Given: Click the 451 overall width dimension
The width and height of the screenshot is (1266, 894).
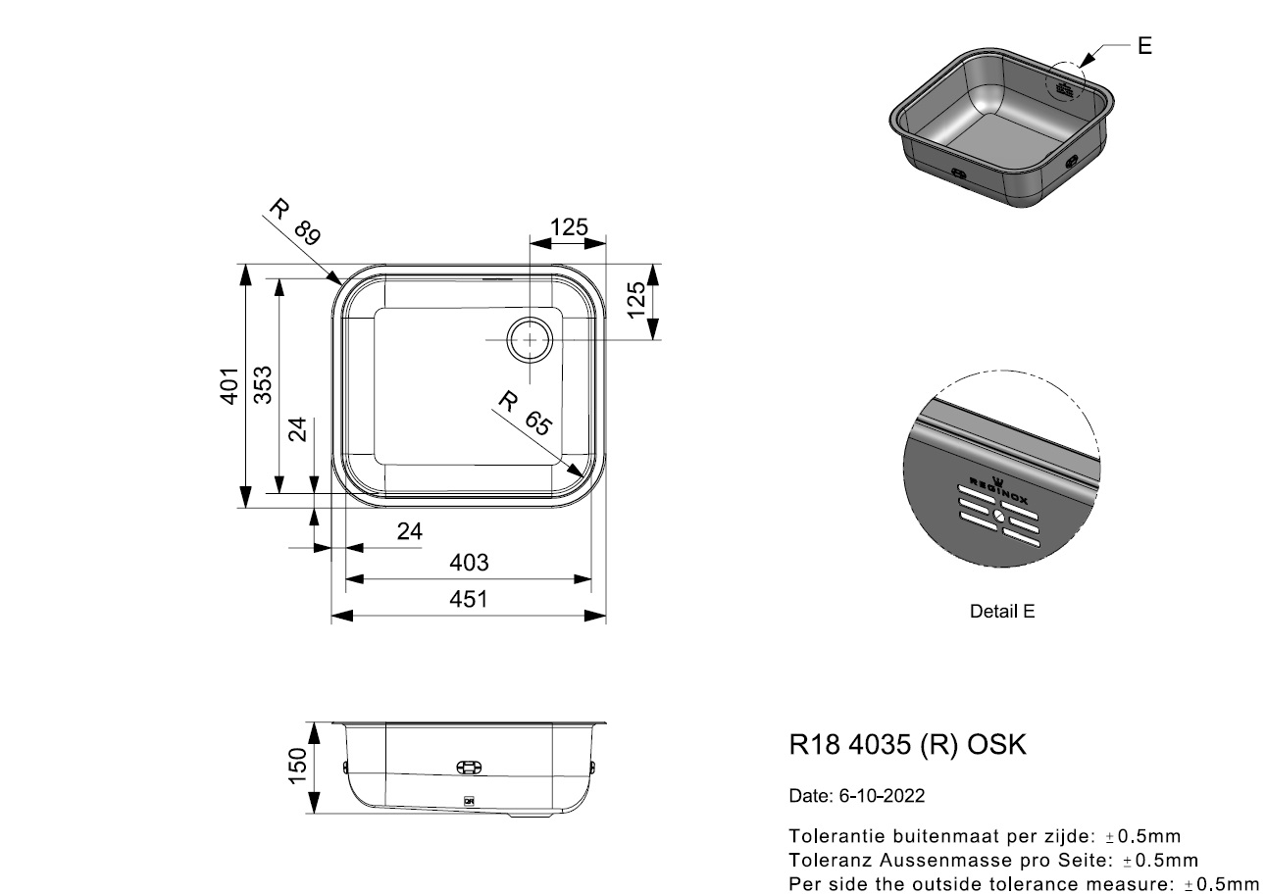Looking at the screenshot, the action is click(469, 599).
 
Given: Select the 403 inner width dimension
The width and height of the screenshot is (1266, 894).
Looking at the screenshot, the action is click(469, 563).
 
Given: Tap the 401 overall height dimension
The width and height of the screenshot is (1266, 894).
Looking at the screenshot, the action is click(229, 385).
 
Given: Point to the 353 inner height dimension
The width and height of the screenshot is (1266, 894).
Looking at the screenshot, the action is click(263, 385).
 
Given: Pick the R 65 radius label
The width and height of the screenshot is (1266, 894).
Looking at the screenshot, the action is click(526, 413).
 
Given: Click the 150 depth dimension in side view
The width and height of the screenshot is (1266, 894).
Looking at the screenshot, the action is click(297, 766).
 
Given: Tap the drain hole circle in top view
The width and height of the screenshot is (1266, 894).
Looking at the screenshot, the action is click(530, 339).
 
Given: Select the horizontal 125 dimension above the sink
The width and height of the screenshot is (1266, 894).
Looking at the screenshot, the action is click(569, 227).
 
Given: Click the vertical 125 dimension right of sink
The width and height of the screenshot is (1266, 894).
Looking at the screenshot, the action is click(636, 300).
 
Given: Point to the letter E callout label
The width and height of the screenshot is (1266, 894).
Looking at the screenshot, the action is click(1144, 46).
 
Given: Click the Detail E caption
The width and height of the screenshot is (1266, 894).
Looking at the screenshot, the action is click(1002, 612).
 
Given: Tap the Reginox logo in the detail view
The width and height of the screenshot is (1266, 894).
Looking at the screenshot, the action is click(999, 490).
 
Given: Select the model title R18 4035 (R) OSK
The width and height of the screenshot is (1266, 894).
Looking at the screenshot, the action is click(907, 744).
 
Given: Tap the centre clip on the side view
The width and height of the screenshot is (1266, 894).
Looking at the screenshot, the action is click(469, 767).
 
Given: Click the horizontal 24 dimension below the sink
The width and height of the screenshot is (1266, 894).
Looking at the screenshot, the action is click(409, 531).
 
